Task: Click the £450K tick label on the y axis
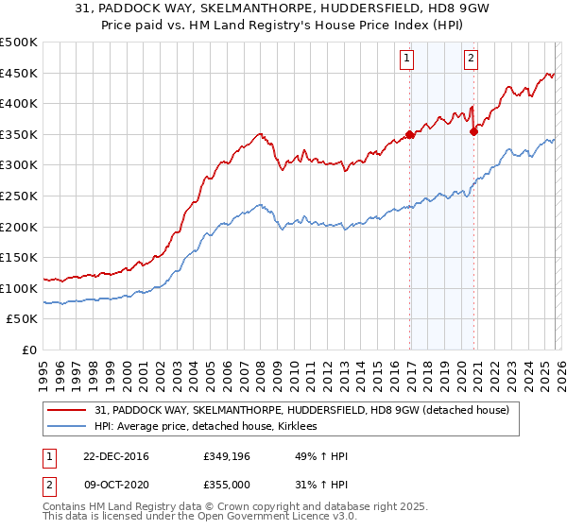[x=19, y=73]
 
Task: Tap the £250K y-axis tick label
[x=19, y=196]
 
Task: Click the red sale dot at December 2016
[x=410, y=135]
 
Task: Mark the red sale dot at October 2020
[x=473, y=131]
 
